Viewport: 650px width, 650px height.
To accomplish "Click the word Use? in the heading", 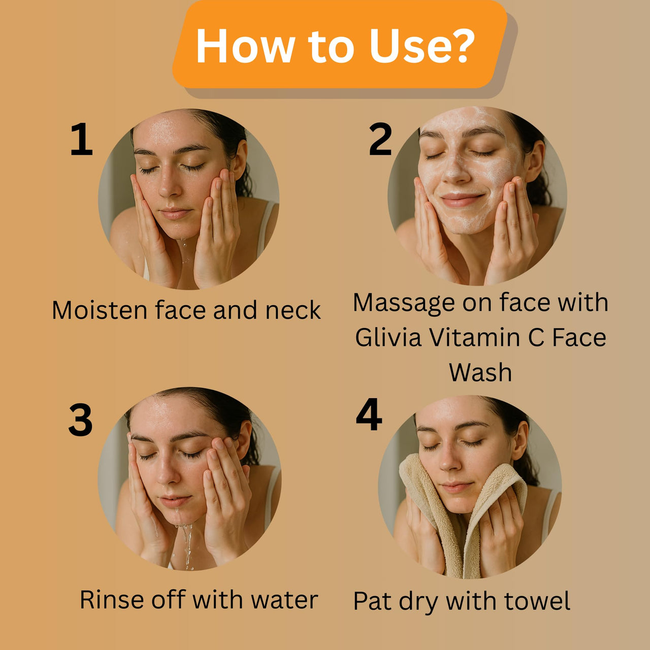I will tap(421, 46).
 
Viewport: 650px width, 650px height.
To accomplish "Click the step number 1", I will tap(81, 139).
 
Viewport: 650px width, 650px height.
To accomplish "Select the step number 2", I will tap(380, 139).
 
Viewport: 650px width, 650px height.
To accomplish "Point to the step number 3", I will tap(81, 420).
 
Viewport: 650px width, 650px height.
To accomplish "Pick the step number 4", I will tap(369, 414).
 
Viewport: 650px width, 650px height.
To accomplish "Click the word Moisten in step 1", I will tap(99, 310).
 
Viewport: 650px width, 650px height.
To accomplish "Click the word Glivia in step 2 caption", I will tap(388, 337).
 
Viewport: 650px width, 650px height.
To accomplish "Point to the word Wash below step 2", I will tap(480, 372).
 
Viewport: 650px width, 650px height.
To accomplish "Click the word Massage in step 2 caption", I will tap(404, 303).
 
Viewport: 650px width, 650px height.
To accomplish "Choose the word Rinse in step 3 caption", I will tap(111, 600).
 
